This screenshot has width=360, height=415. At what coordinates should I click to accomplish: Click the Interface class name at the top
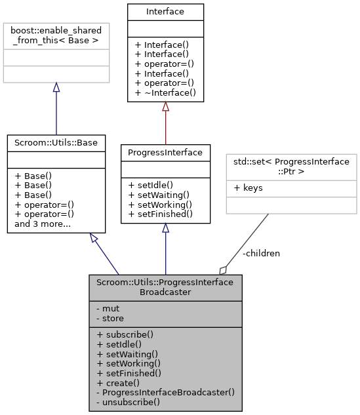tap(165, 11)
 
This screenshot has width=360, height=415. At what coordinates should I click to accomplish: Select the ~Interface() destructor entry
tap(165, 93)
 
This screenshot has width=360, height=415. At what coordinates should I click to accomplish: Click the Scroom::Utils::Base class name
tap(56, 142)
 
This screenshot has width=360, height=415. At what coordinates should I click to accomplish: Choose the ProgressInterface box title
tap(165, 152)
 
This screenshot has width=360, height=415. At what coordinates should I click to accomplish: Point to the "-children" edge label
tap(260, 253)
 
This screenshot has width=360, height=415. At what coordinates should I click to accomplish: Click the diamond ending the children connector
tap(224, 269)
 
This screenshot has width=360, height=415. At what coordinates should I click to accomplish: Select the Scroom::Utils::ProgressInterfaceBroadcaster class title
tap(165, 287)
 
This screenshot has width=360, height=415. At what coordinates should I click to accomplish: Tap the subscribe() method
tap(127, 334)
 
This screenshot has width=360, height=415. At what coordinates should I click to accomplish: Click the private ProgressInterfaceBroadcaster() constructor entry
tap(165, 391)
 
